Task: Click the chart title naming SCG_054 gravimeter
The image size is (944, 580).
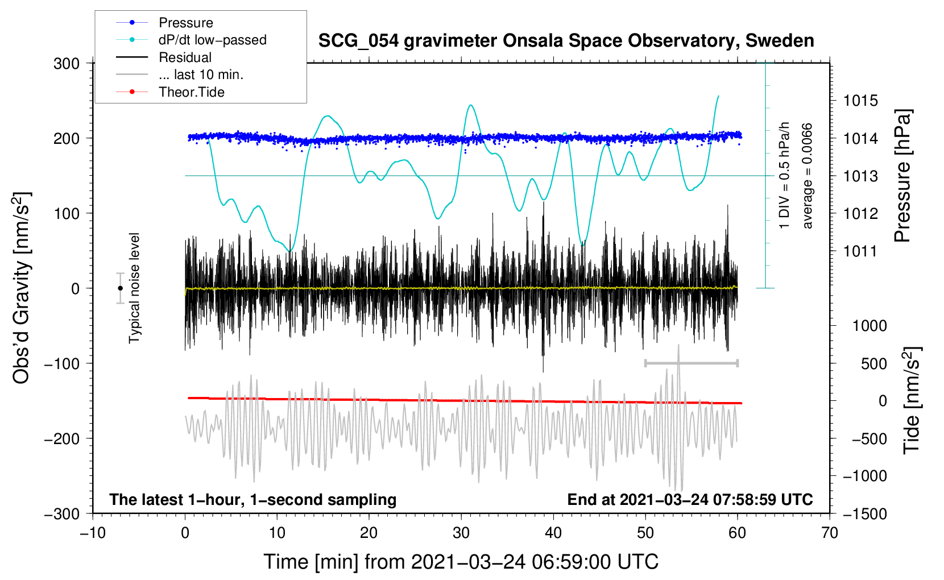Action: tap(566, 41)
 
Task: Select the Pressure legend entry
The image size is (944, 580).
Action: tap(165, 22)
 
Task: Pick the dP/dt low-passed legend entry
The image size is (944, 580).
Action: tap(191, 40)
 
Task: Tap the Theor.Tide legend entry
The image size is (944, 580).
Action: tap(170, 92)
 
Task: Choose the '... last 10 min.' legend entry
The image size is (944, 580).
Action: tap(180, 74)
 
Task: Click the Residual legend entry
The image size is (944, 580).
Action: tap(164, 57)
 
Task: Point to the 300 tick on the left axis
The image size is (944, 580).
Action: tap(67, 64)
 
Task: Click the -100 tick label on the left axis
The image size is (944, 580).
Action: tap(62, 363)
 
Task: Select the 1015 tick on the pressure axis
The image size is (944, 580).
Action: tap(860, 101)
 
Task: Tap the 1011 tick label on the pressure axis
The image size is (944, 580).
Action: tap(860, 251)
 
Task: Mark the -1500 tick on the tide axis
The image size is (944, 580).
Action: tap(865, 514)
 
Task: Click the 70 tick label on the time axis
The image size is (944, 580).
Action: tap(829, 533)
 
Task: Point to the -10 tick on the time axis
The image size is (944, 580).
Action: tap(93, 533)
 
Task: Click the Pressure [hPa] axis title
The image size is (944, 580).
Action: tap(902, 176)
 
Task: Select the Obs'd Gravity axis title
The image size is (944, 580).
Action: tap(21, 288)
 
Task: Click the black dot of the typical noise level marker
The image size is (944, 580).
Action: tap(120, 288)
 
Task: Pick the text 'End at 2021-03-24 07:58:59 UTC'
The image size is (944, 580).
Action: tap(690, 499)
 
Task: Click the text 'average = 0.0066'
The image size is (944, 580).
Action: tap(807, 176)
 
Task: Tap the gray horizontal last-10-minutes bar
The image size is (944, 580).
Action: tap(691, 363)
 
